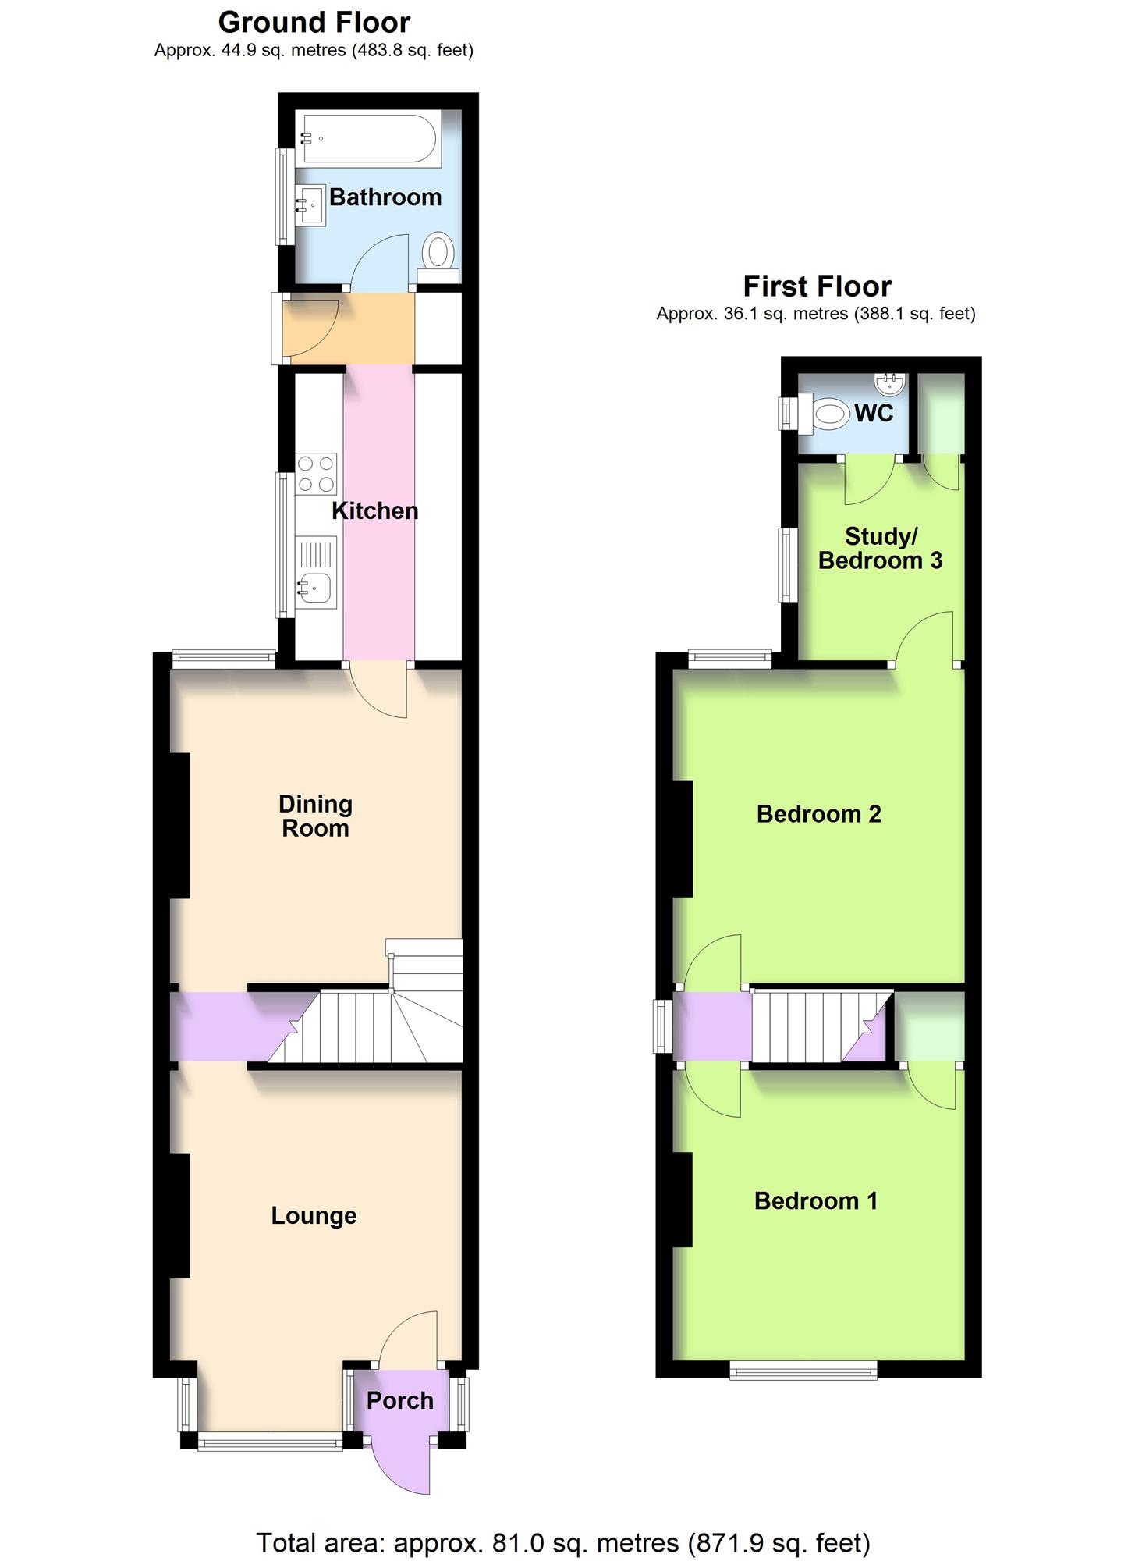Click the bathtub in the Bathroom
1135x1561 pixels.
tap(370, 139)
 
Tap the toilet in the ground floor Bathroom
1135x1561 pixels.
tap(438, 258)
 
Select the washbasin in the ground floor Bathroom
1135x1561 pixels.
tap(310, 205)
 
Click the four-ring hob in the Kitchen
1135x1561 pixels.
tap(316, 474)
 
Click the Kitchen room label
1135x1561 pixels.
tap(375, 511)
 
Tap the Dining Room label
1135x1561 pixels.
tap(315, 816)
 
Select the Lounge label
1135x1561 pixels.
tap(314, 1215)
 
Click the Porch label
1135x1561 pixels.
tap(400, 1400)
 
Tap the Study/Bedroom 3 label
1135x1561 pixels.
tap(881, 548)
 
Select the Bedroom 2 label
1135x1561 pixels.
tap(819, 814)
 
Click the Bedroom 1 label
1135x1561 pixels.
tap(816, 1200)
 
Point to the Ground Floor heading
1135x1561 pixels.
tap(314, 23)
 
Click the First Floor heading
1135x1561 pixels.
tap(817, 286)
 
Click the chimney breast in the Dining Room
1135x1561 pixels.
tap(180, 825)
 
